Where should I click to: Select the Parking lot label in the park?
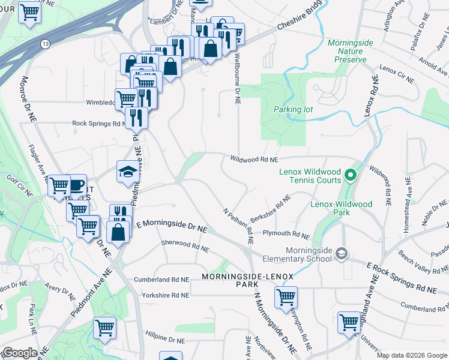tap(294, 110)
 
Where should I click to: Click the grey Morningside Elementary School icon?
tap(342, 254)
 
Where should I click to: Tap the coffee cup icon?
tap(76, 185)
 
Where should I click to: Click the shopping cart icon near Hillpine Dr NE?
tap(105, 328)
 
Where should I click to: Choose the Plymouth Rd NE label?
tap(286, 233)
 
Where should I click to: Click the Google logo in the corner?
tap(19, 353)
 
